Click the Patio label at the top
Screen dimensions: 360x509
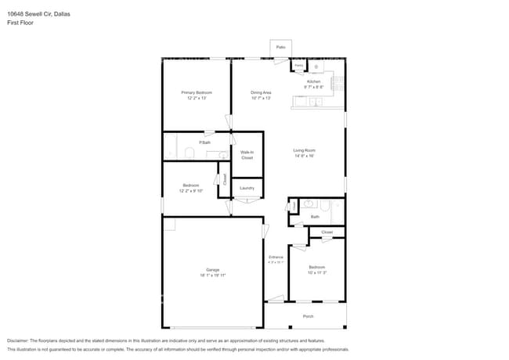(x=280, y=48)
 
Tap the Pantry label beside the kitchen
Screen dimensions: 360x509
(x=299, y=65)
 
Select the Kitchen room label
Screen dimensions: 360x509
(x=313, y=81)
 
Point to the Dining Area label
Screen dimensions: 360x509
(x=261, y=92)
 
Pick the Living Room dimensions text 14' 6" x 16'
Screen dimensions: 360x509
(x=304, y=156)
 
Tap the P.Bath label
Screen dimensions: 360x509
(x=204, y=142)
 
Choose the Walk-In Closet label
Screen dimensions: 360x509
(x=247, y=155)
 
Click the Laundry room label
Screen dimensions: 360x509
(x=247, y=188)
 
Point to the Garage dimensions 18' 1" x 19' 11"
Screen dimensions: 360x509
(x=212, y=275)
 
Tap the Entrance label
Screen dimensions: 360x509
(x=276, y=257)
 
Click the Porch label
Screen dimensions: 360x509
(x=308, y=316)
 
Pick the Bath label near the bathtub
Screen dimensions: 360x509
(x=315, y=217)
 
